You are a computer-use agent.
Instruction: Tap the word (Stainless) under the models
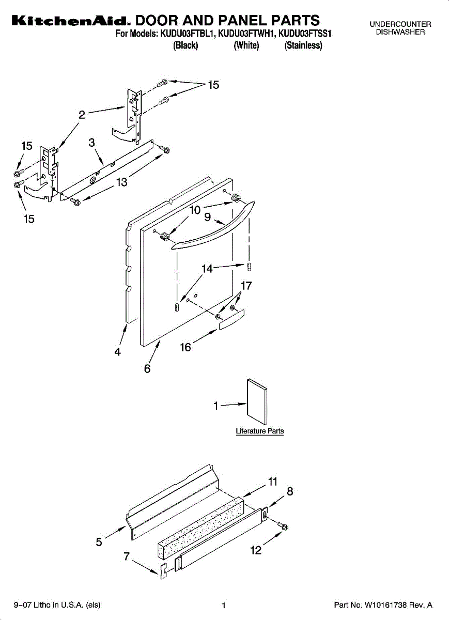[x=303, y=45]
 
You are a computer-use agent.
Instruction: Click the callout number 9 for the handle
[x=207, y=218]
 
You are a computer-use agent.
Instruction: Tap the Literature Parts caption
[x=259, y=431]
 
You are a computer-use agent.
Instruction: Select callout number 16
[x=185, y=347]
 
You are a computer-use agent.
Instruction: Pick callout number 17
[x=246, y=286]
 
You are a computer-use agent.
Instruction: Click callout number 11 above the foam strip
[x=273, y=482]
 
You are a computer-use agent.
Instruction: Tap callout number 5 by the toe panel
[x=99, y=541]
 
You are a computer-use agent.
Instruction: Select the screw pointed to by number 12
[x=283, y=526]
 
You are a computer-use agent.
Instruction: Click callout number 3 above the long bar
[x=91, y=143]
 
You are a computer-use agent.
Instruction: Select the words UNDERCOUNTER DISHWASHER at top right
[x=400, y=28]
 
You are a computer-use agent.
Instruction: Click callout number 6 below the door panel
[x=147, y=369]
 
